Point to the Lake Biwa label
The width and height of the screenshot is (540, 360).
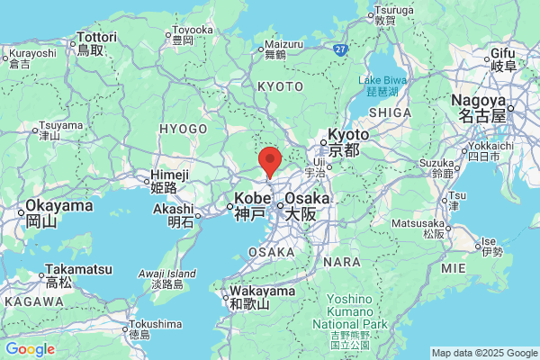click(x=384, y=85)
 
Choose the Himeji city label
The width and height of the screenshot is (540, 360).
click(x=169, y=181)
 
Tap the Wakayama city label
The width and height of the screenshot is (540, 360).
click(x=261, y=298)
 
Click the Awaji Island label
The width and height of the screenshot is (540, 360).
click(x=168, y=279)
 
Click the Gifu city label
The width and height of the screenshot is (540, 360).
click(x=503, y=60)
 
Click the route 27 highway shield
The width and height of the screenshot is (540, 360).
click(x=340, y=49)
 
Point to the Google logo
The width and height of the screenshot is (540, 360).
click(x=30, y=349)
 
